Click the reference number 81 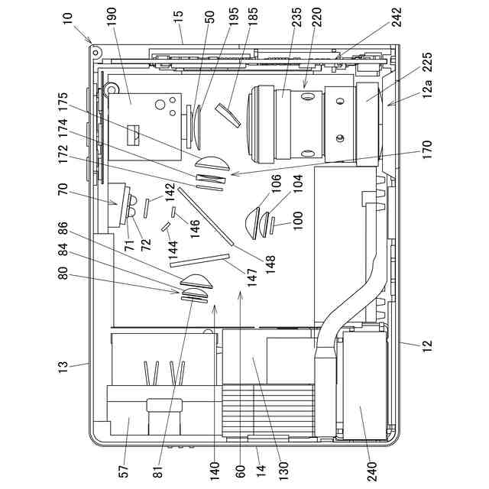[x=157, y=466]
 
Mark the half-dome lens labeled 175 [x=212, y=163]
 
